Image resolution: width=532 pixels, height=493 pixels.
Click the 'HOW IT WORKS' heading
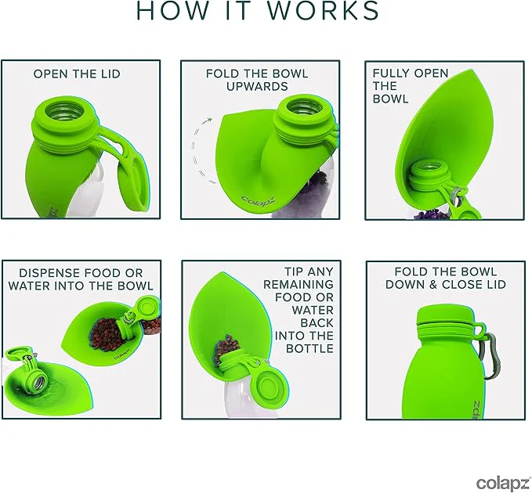coord(258,10)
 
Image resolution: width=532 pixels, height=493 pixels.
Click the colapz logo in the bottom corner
coord(504,483)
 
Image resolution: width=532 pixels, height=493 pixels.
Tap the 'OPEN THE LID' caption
coord(77,74)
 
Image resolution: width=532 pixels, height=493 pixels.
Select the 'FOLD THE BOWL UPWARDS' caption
coord(257,80)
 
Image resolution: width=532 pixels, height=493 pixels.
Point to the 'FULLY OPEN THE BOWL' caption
coord(411,86)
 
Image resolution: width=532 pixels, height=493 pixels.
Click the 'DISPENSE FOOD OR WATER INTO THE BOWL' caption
coord(81,279)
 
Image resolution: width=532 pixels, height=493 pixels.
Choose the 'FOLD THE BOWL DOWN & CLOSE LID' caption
coord(446,278)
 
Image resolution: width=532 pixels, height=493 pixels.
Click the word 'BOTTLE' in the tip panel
coord(309,348)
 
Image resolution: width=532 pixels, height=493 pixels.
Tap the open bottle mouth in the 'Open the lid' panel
coord(65,110)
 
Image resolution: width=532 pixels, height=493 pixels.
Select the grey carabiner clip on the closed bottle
coord(491,356)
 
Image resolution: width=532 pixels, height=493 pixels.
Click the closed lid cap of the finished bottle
coord(445,314)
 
